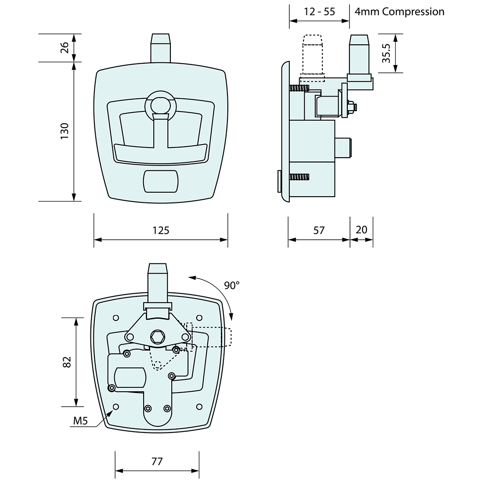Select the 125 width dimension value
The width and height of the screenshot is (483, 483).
(161, 231)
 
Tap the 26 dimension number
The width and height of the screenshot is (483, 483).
(64, 47)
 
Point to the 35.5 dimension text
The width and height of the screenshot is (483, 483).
(386, 54)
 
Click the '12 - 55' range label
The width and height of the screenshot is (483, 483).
(320, 12)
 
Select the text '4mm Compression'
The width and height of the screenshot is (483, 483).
(400, 12)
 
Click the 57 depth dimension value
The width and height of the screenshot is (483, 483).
(319, 231)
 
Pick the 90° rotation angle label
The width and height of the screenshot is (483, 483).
(232, 285)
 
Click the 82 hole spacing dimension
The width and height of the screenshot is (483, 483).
(67, 362)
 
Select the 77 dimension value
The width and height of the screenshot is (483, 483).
(157, 461)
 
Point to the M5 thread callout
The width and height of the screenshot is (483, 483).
(81, 422)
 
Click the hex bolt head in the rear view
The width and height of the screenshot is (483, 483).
(157, 337)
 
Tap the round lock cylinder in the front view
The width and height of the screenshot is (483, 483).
(160, 105)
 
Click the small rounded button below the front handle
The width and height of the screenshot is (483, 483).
(161, 181)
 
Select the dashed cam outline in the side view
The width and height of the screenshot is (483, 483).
(312, 57)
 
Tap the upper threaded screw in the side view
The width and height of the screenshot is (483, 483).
(299, 88)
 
